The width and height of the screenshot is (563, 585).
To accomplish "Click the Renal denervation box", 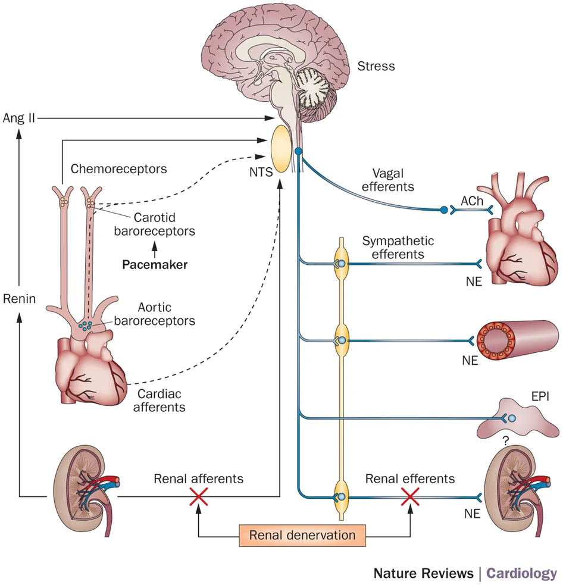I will tap(302, 534).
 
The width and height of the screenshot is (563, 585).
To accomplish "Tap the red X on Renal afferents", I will tap(198, 496).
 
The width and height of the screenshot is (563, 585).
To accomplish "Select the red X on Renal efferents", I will tap(409, 496).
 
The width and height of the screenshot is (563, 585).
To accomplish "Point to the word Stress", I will tap(376, 66).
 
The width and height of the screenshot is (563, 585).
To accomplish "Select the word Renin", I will tap(18, 299).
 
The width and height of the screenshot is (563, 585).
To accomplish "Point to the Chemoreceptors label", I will tap(118, 168).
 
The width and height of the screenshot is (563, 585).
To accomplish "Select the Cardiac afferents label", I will tap(159, 401).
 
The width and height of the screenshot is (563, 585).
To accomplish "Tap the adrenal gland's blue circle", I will tap(512, 419).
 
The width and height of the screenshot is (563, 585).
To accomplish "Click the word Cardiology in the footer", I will tap(521, 573).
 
